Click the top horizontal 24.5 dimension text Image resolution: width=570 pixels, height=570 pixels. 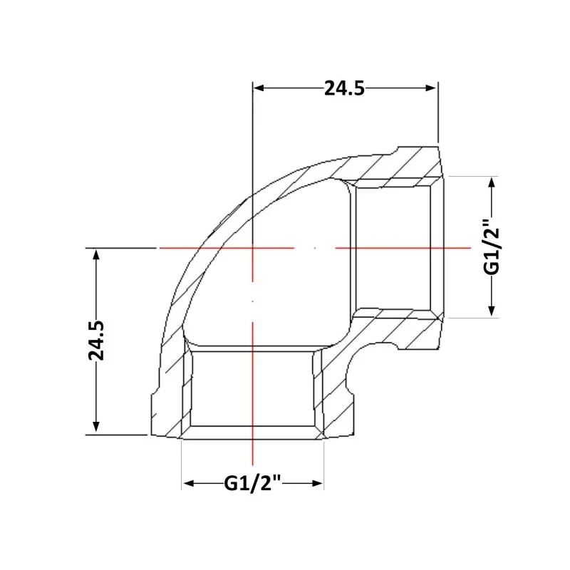coord(344,88)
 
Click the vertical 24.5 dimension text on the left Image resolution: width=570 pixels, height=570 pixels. coord(96,341)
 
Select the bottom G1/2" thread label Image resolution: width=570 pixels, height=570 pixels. coord(253,483)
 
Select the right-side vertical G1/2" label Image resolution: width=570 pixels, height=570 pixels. coord(492,246)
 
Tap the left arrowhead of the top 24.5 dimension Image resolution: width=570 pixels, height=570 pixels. coord(259,88)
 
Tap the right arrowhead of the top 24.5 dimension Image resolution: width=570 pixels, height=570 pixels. coord(431,88)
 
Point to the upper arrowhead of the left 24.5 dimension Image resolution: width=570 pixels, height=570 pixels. coord(96,254)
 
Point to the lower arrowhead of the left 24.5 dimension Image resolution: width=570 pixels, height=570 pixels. coord(96,426)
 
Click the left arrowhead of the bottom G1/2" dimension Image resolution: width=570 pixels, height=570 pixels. coord(189,483)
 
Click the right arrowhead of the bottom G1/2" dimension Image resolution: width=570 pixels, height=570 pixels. coord(318,483)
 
